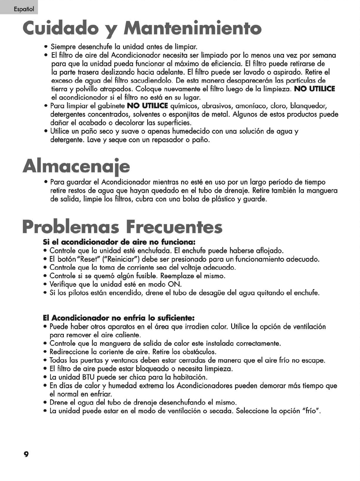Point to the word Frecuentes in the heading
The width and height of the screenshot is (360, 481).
[174, 226]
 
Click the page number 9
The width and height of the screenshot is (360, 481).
[26, 454]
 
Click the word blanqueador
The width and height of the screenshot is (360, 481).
[309, 106]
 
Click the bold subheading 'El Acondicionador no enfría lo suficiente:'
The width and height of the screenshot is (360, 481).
[119, 318]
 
